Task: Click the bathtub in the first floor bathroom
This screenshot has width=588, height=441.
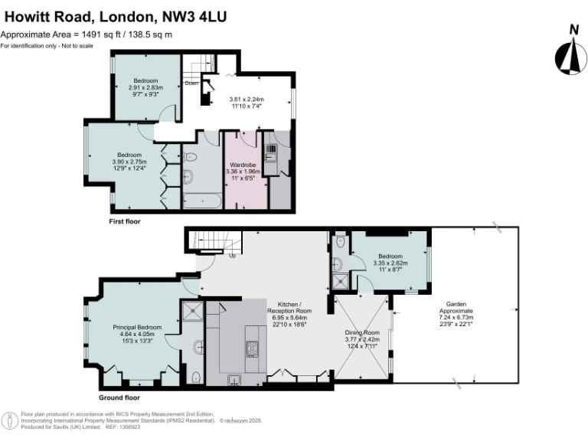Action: tap(201, 201)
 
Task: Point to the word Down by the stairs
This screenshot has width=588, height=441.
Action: tap(191, 83)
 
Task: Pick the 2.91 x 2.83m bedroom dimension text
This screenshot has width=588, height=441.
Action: tap(145, 88)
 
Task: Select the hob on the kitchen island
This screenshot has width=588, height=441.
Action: tap(253, 348)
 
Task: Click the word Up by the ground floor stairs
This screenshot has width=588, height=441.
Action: tap(231, 255)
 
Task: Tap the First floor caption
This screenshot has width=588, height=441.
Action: tap(124, 221)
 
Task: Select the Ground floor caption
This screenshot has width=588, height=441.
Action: tap(119, 398)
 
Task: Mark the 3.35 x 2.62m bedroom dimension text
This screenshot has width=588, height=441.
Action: tap(390, 263)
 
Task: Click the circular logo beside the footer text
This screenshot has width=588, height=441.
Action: tap(10, 421)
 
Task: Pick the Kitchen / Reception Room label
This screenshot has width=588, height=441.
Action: tap(289, 308)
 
